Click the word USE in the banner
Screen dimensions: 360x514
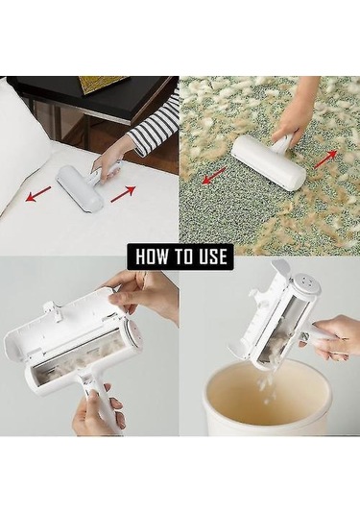click(x=212, y=257)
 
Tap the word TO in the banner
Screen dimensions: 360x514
click(x=181, y=257)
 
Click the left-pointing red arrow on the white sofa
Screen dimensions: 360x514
click(x=38, y=193)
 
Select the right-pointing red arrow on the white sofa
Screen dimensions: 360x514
click(x=123, y=194)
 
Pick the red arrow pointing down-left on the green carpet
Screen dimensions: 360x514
click(x=214, y=176)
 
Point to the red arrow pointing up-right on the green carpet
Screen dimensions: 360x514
click(x=325, y=159)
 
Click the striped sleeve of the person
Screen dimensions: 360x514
click(x=155, y=127)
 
